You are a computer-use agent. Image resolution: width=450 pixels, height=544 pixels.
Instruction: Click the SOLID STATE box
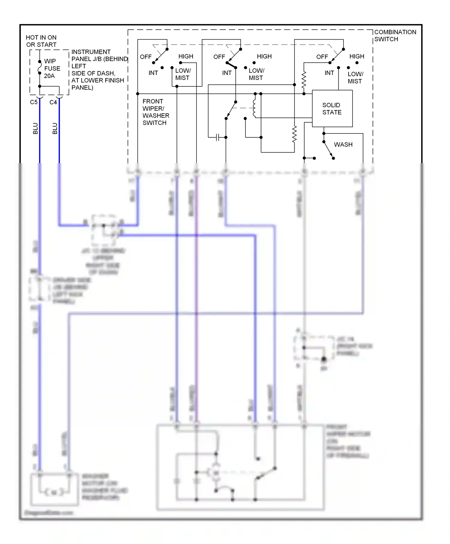click(x=332, y=109)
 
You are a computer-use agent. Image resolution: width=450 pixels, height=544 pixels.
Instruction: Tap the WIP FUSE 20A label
click(x=52, y=68)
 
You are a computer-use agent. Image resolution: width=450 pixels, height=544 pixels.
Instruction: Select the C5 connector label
click(x=34, y=102)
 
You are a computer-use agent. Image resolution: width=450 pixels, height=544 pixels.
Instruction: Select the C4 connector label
click(x=53, y=102)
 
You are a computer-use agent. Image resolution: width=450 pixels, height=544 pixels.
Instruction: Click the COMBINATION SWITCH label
click(x=395, y=35)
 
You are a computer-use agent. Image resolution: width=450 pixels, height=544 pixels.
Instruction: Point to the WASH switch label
click(x=343, y=145)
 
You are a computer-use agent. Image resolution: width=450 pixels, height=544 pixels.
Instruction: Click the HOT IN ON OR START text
click(x=41, y=41)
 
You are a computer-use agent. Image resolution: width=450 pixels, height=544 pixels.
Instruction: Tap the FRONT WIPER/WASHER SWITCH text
click(x=156, y=112)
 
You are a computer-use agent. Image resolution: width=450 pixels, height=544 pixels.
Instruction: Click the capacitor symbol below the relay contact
click(x=218, y=137)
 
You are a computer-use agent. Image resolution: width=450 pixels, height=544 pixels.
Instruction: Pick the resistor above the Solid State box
click(x=304, y=80)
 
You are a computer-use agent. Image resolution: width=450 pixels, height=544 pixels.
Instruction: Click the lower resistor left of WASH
click(x=294, y=134)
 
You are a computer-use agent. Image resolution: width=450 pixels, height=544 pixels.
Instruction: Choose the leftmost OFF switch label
click(x=146, y=57)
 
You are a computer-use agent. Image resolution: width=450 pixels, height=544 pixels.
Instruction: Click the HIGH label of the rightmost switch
click(x=356, y=56)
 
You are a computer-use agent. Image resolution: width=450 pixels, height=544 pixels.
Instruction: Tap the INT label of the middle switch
click(x=227, y=73)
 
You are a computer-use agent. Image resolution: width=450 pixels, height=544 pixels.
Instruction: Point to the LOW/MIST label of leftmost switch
click(x=183, y=74)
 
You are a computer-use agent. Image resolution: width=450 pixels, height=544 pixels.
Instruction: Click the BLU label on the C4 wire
click(x=55, y=128)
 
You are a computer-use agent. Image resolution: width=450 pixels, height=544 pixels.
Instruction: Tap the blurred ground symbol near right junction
click(x=323, y=360)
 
